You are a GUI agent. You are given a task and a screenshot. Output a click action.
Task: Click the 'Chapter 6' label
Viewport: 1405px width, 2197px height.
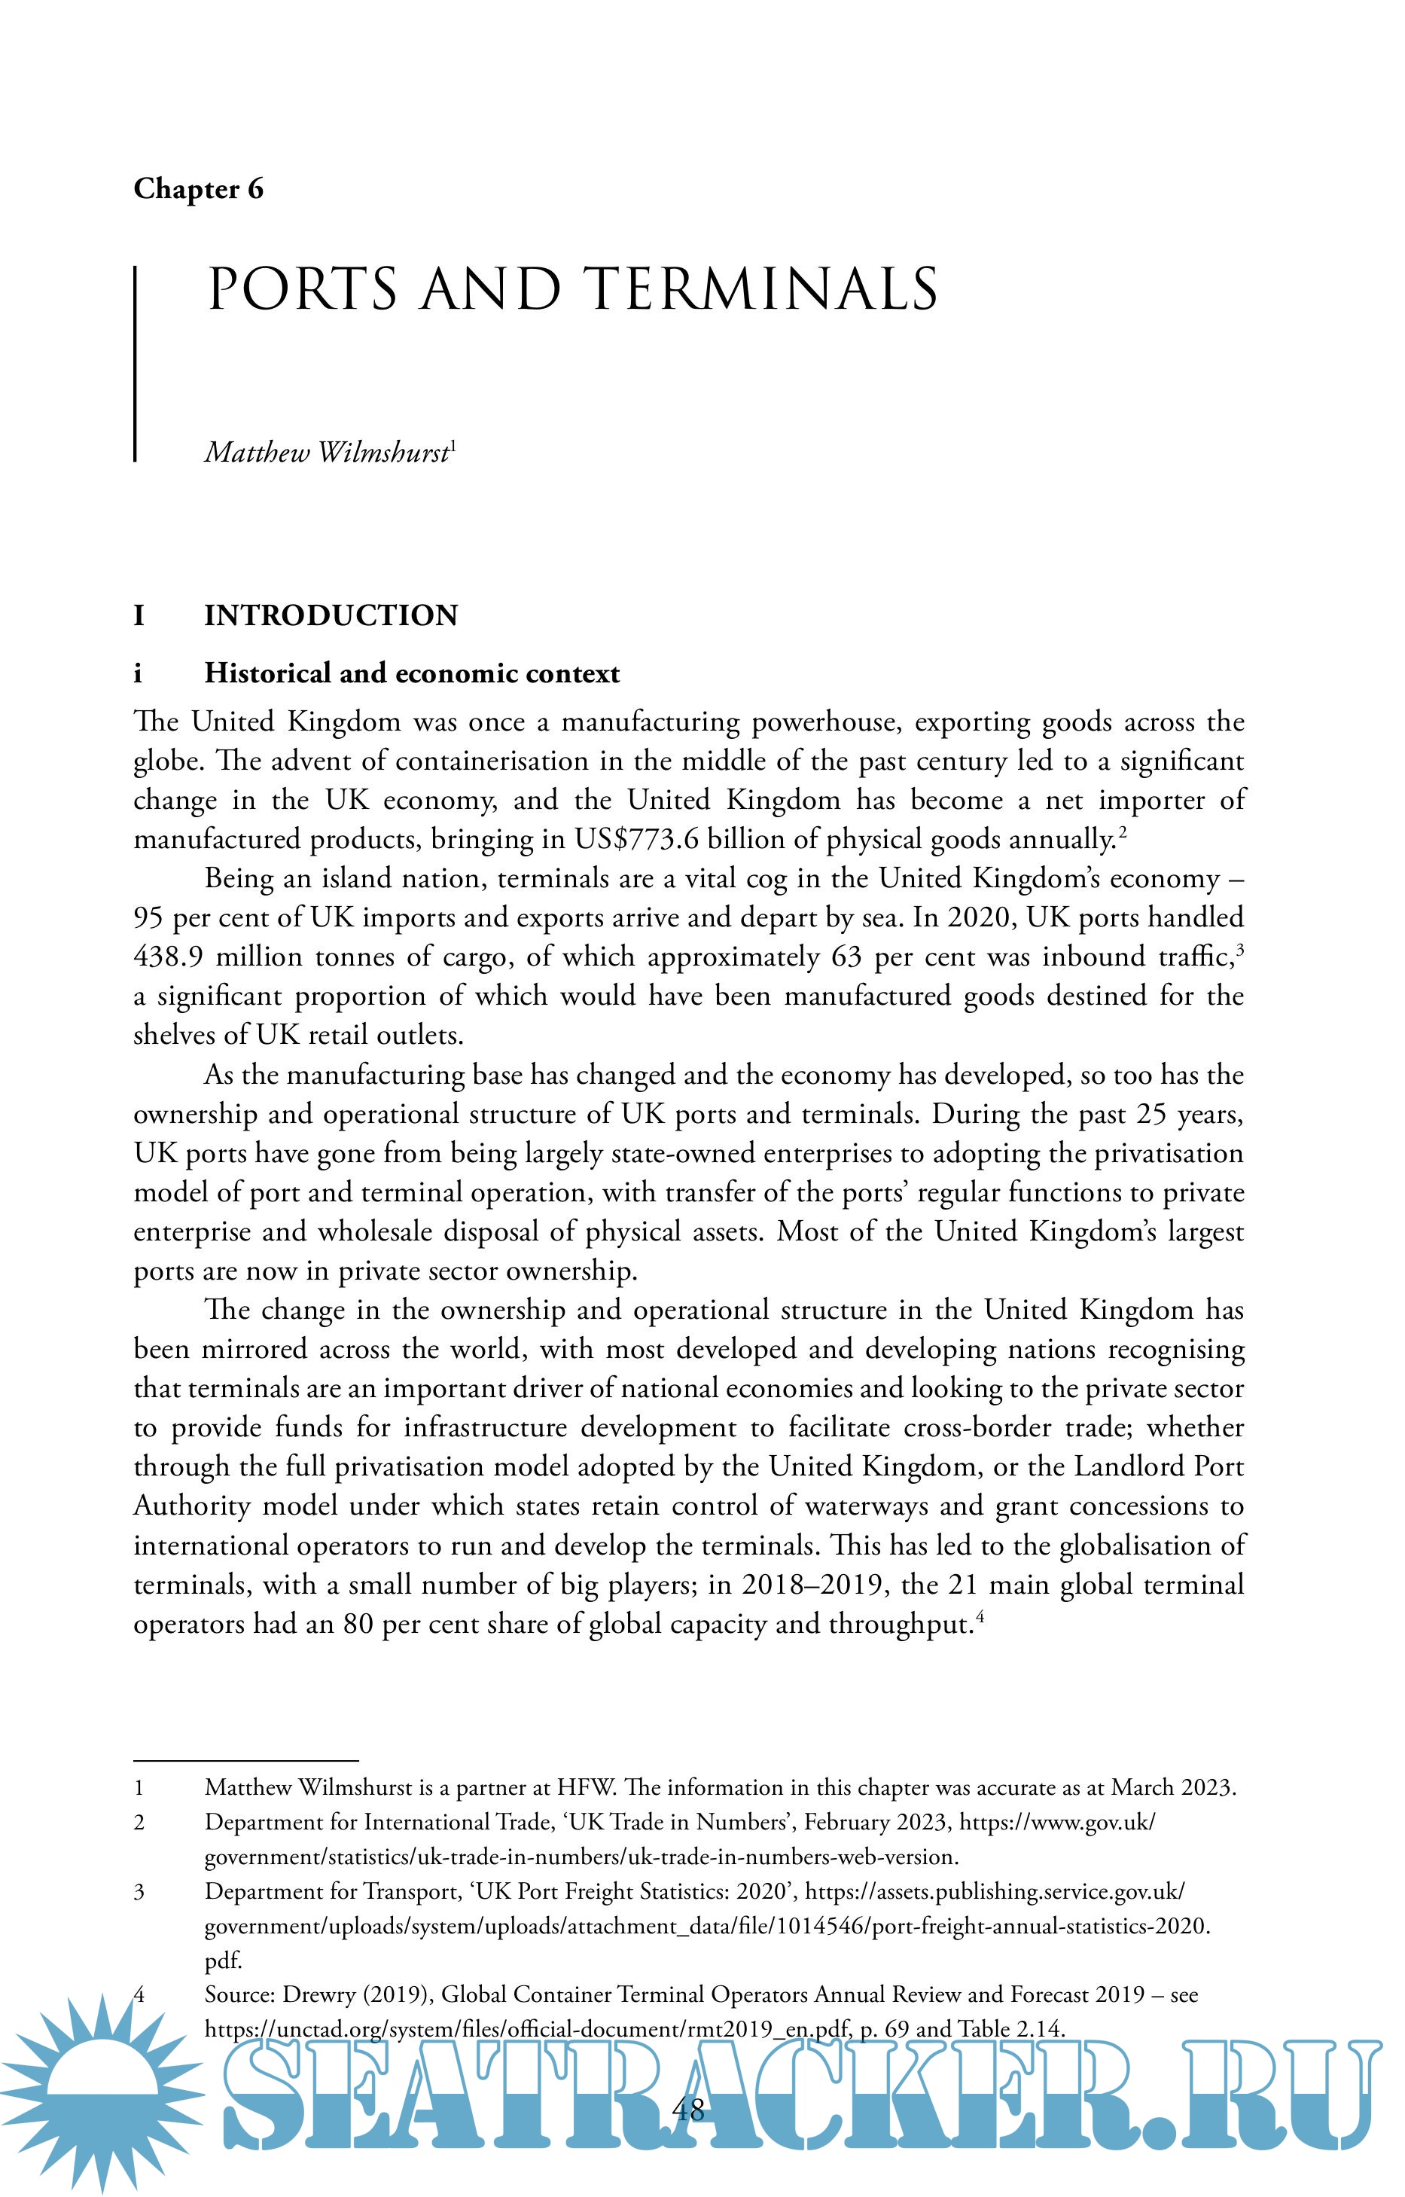click(x=198, y=189)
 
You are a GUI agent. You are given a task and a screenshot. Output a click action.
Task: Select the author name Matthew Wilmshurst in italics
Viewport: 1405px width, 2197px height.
click(x=327, y=453)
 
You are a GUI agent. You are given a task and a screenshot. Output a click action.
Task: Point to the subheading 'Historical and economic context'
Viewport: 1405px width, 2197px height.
click(x=411, y=673)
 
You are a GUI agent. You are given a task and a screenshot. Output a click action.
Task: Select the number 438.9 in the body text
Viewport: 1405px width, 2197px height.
click(x=168, y=957)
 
